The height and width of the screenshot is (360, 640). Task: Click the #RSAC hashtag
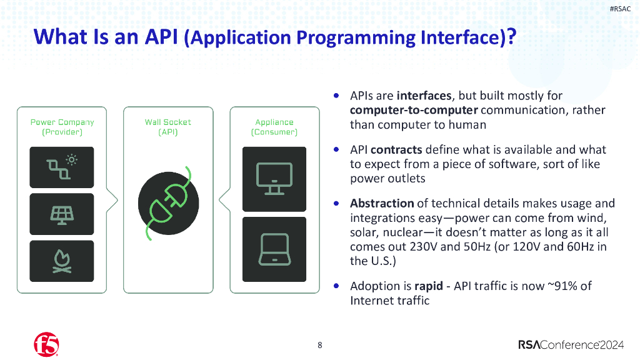pyautogui.click(x=620, y=9)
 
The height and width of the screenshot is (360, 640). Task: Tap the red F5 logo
pyautogui.click(x=46, y=344)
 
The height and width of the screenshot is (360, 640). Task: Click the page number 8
pyautogui.click(x=320, y=345)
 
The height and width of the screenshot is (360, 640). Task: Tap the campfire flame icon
pyautogui.click(x=61, y=261)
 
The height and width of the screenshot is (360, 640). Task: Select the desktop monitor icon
pyautogui.click(x=274, y=178)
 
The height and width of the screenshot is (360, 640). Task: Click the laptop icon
pyautogui.click(x=274, y=248)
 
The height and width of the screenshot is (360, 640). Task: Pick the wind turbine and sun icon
pyautogui.click(x=61, y=167)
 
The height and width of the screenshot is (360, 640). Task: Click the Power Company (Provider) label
pyautogui.click(x=62, y=127)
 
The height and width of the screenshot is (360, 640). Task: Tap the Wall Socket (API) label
pyautogui.click(x=168, y=127)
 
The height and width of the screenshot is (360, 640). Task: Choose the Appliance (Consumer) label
pyautogui.click(x=274, y=127)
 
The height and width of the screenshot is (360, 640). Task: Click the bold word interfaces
pyautogui.click(x=424, y=96)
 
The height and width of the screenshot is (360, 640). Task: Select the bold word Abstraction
pyautogui.click(x=382, y=203)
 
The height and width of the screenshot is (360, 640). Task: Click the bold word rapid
pyautogui.click(x=428, y=286)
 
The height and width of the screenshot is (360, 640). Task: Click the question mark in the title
pyautogui.click(x=511, y=37)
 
